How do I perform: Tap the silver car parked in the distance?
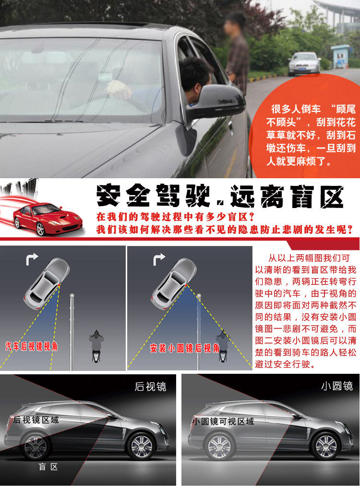click(304, 64)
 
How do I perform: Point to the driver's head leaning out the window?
click(195, 78)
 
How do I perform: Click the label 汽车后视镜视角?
click(31, 346)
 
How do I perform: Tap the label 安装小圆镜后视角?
click(184, 348)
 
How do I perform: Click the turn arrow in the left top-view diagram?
click(32, 259)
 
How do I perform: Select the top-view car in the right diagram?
click(174, 283)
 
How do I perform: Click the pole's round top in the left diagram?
click(72, 295)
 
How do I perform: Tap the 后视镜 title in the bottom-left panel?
click(150, 387)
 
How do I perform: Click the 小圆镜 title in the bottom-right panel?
click(337, 386)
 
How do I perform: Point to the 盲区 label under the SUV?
click(48, 467)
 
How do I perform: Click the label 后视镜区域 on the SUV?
click(36, 420)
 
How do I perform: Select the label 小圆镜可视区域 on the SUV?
click(223, 421)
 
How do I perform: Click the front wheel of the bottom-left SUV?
click(142, 446)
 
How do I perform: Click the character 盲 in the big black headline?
click(302, 196)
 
